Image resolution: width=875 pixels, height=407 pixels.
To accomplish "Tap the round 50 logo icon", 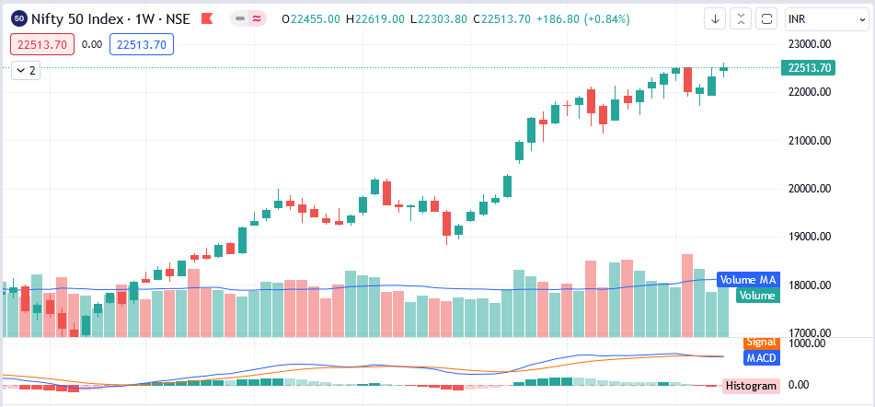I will [18, 18].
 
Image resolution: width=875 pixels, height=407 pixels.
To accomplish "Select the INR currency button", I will [825, 18].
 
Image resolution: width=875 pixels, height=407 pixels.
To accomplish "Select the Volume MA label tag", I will [748, 280].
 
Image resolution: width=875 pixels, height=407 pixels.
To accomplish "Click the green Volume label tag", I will [757, 296].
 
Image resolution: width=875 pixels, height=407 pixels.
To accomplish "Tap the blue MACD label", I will [760, 357].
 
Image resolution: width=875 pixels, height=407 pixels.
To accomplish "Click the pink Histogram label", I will [751, 386].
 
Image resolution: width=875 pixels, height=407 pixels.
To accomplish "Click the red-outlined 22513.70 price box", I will [41, 43].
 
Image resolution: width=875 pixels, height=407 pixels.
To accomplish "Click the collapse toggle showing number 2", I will [27, 70].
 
